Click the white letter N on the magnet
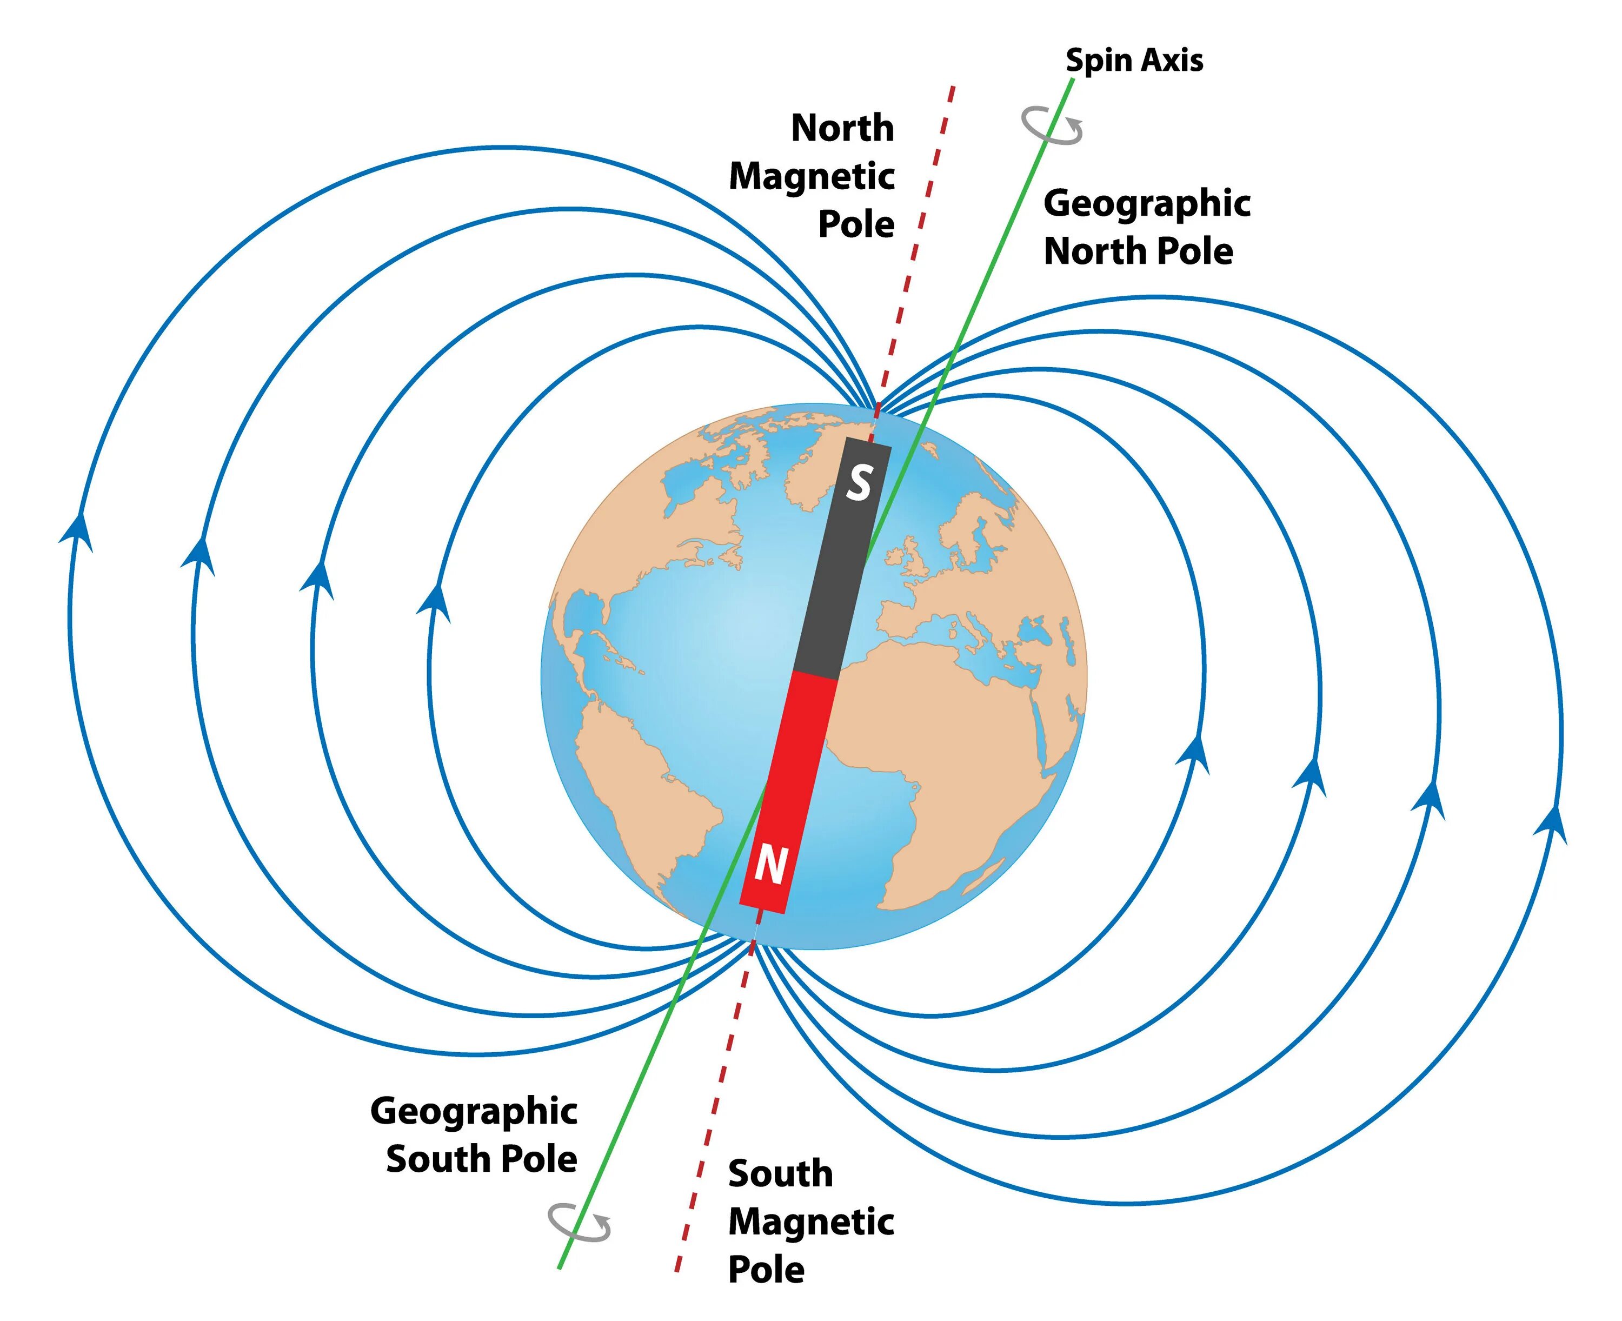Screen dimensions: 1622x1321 coord(770,865)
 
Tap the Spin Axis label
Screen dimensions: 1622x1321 coord(1134,60)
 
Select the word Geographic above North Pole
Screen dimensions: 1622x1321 coord(1147,203)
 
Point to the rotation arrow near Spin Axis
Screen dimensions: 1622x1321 coord(1052,125)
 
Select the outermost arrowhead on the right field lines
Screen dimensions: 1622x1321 coord(1551,824)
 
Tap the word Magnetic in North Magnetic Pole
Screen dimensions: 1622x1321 coord(812,176)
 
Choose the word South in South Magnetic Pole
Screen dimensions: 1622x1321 coord(780,1173)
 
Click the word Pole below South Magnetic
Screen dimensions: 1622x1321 coord(766,1269)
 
